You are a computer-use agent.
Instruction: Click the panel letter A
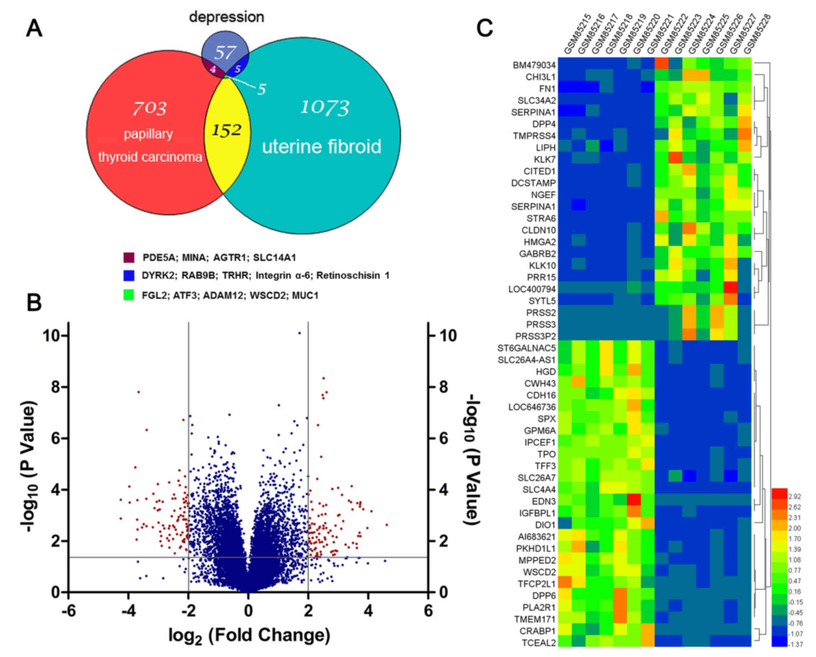tap(34, 29)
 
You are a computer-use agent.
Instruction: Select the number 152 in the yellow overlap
tap(227, 131)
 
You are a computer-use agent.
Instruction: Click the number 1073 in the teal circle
tap(325, 108)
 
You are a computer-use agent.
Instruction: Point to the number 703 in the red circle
tap(150, 108)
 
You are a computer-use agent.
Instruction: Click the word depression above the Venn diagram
tap(226, 17)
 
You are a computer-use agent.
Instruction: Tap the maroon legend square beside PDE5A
tap(129, 258)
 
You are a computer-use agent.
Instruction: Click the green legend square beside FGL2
tap(129, 295)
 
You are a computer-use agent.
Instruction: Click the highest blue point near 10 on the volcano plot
tap(299, 333)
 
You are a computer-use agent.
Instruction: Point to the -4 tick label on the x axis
tap(128, 611)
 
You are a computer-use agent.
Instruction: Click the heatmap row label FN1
tap(547, 89)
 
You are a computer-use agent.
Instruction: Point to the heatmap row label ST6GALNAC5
tap(526, 348)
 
